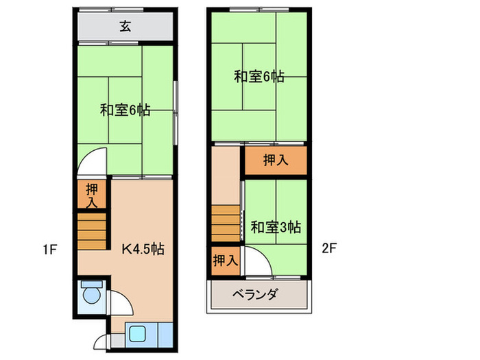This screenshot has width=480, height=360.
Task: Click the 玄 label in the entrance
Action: tap(125, 27)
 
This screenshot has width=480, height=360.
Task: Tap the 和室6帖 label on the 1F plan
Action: tap(125, 110)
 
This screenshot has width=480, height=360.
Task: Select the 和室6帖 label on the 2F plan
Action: tap(259, 77)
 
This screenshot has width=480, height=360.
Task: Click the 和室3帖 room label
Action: tap(275, 226)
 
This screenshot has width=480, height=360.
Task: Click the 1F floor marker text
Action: tap(48, 249)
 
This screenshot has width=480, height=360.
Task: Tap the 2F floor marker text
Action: tap(329, 249)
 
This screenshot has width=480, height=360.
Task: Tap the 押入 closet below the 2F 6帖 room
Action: tap(276, 161)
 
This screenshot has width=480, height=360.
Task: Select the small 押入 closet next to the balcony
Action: tap(226, 261)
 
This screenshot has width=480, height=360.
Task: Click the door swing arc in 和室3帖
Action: tap(257, 263)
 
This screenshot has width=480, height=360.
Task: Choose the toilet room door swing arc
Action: tap(118, 302)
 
